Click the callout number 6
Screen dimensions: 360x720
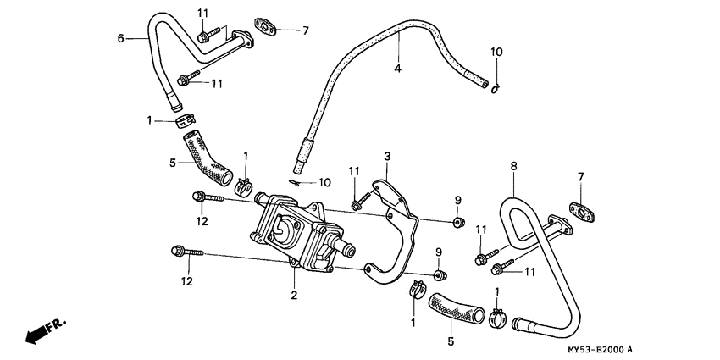(x=120, y=38)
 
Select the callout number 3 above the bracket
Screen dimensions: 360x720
(x=386, y=156)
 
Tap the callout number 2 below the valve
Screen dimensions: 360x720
(x=294, y=295)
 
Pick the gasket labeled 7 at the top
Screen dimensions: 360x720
(x=267, y=30)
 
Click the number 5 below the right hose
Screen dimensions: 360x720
(x=451, y=341)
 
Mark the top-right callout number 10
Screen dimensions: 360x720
(x=496, y=52)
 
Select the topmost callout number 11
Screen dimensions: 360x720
(x=202, y=13)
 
